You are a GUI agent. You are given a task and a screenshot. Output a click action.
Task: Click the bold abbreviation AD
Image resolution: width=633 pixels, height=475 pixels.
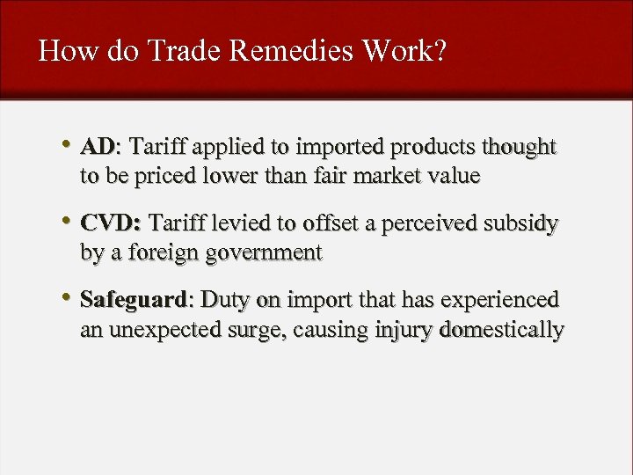[98, 146]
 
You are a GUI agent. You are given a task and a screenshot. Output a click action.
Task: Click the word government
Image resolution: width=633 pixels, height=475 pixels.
[263, 253]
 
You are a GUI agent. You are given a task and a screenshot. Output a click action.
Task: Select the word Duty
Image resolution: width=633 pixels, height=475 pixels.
[226, 300]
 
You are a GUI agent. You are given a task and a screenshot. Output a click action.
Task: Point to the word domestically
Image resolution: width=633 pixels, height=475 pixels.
[501, 331]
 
